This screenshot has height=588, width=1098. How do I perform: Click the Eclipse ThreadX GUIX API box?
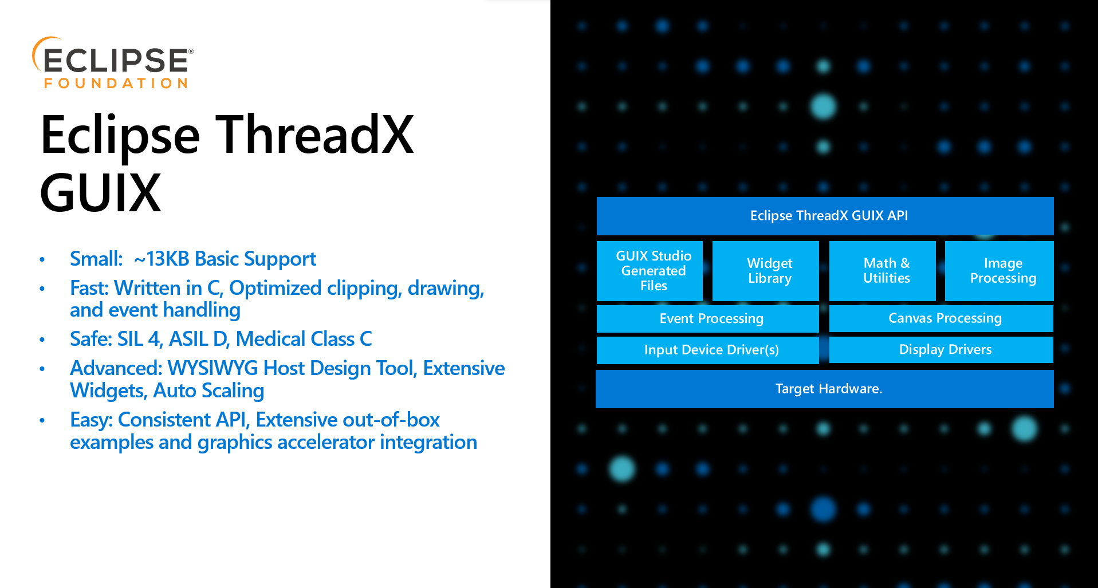(825, 216)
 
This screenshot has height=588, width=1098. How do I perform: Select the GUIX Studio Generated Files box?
(650, 271)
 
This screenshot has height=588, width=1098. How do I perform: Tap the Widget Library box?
(766, 271)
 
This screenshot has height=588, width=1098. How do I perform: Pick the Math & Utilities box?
(883, 271)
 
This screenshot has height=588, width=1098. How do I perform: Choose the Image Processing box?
(999, 271)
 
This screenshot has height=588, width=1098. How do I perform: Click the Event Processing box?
(708, 318)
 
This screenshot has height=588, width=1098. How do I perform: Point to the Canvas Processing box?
(941, 318)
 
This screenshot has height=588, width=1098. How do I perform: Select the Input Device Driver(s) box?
(708, 350)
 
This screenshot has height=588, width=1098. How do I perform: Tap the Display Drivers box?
(941, 349)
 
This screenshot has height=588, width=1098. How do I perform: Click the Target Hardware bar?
(825, 389)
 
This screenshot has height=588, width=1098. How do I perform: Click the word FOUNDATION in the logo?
(116, 84)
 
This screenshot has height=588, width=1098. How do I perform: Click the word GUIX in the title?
(101, 194)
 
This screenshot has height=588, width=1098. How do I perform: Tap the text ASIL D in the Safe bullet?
(199, 339)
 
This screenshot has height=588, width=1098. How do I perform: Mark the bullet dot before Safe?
(42, 340)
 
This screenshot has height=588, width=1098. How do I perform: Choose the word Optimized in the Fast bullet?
(275, 288)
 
